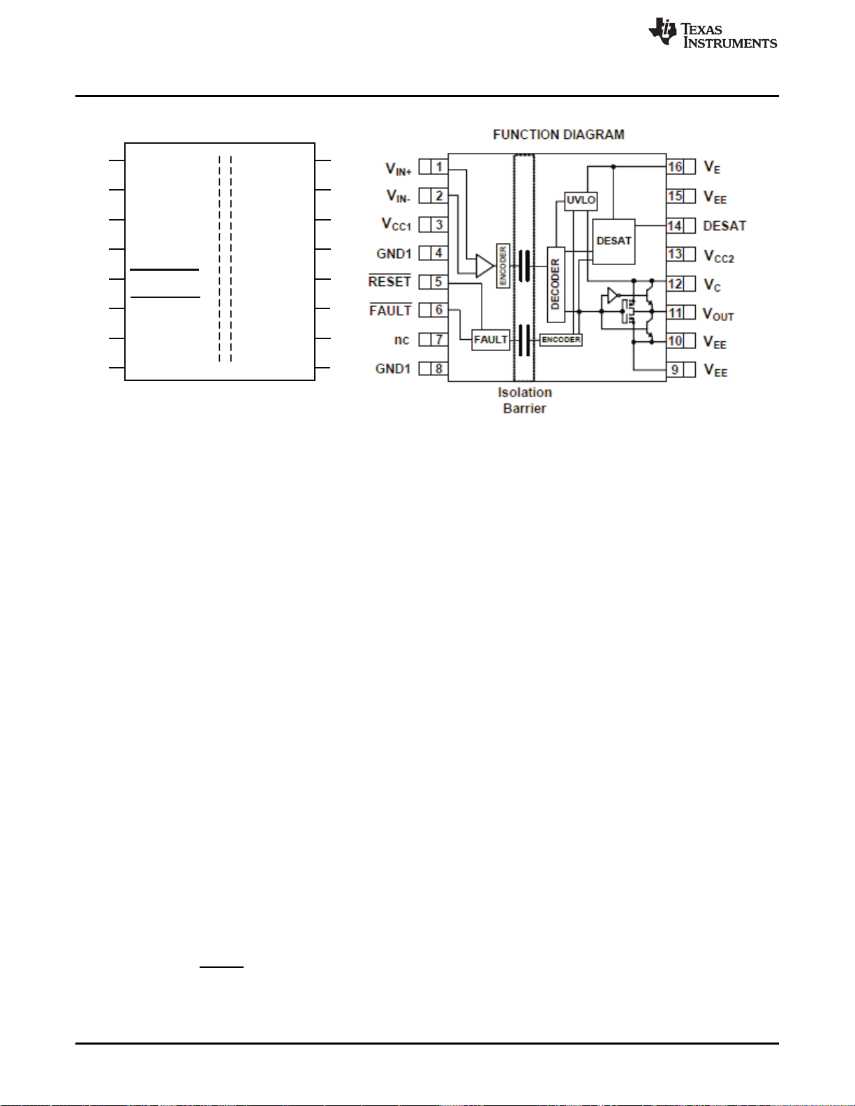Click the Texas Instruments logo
[713, 33]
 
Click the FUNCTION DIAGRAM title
[558, 135]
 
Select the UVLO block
[581, 200]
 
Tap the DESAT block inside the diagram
[614, 241]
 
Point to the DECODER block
[556, 284]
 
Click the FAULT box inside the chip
[491, 340]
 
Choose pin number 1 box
[439, 167]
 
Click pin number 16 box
[675, 167]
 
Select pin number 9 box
[675, 370]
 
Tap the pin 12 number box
[675, 283]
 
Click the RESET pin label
[389, 281]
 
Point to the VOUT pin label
[718, 314]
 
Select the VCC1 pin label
[396, 225]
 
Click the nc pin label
[401, 340]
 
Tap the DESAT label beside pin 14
[724, 225]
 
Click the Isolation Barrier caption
[525, 401]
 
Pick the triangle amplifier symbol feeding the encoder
[484, 266]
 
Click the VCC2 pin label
[719, 256]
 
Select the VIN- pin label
[398, 196]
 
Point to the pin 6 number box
[439, 310]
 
